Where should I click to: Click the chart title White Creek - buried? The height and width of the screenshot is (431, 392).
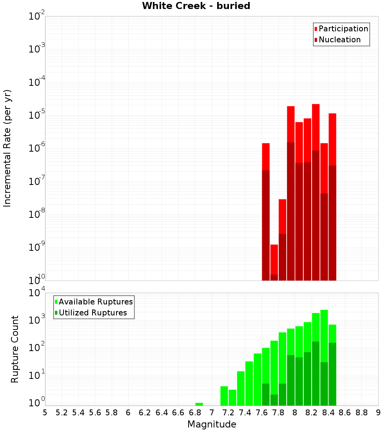coord(196,6)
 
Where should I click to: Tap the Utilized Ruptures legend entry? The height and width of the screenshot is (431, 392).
coord(93,313)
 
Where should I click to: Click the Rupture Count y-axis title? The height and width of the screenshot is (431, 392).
coord(15,349)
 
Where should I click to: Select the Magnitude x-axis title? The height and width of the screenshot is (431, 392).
coord(212,424)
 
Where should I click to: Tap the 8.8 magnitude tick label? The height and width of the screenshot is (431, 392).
coord(362,413)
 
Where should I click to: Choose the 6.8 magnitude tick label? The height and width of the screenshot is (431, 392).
coord(195,413)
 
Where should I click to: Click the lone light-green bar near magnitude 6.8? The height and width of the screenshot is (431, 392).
coord(199,404)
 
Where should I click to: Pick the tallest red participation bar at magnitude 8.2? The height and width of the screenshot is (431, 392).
coord(316,125)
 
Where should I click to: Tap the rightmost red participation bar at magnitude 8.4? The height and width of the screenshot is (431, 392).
coord(332,139)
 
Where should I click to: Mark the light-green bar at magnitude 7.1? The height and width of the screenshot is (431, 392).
coord(224,396)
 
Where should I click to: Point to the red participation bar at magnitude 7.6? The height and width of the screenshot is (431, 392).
coord(266,157)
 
